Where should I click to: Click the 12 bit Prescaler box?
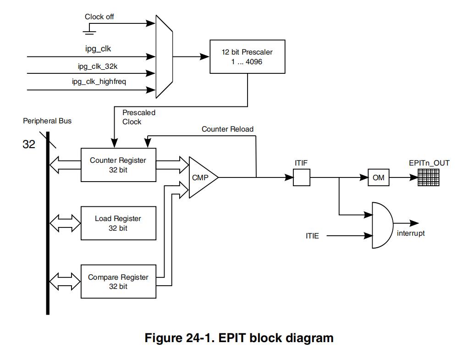(247, 56)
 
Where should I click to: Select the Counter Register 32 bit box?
(118, 165)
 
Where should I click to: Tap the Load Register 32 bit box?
(118, 223)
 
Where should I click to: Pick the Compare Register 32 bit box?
(118, 281)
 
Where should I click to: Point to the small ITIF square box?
(301, 177)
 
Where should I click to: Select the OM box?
(378, 177)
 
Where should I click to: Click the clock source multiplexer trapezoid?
(164, 56)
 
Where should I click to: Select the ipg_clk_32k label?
(98, 66)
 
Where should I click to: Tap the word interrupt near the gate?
(411, 233)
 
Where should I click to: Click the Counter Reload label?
(227, 129)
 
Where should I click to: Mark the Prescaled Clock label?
(139, 117)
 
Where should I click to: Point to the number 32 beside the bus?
(29, 144)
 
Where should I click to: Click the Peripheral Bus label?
(47, 121)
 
